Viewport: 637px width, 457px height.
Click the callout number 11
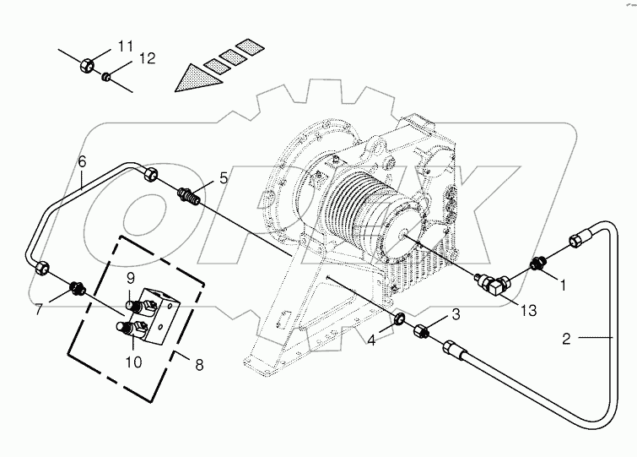tap(125, 45)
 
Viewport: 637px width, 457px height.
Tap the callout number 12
tap(148, 58)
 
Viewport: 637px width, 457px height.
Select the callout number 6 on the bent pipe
tap(82, 160)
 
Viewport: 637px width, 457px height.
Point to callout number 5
tap(224, 177)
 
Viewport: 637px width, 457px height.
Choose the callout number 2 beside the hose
tap(566, 339)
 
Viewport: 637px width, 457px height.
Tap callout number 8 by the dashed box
tap(198, 367)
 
